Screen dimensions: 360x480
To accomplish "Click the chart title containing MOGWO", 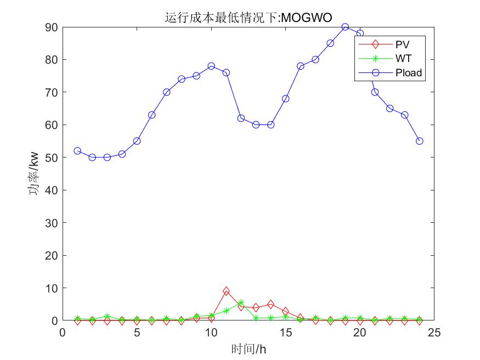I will (248, 18).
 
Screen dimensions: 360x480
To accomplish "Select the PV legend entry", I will (402, 43).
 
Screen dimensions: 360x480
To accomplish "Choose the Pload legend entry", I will (409, 72).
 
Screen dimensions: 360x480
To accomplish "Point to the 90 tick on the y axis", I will (52, 27).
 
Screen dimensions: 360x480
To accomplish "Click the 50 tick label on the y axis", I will (52, 157).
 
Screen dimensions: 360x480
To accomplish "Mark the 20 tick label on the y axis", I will (52, 255).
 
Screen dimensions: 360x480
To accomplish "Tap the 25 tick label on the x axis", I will (434, 332).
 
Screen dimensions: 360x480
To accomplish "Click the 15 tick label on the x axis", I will (285, 332).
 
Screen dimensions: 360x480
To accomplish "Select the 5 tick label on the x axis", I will (137, 332).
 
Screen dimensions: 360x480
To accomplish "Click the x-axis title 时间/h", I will (248, 348).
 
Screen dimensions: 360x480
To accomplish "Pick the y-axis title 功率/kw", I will (34, 173).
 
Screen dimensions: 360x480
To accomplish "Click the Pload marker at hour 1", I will (77, 151).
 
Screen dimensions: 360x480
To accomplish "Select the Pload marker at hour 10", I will (211, 66).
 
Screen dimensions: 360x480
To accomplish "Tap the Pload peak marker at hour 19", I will (345, 27).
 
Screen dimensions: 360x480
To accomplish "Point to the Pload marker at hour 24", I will (420, 141).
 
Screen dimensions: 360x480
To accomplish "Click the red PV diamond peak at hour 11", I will (226, 291).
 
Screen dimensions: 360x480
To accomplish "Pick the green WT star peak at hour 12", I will (241, 302).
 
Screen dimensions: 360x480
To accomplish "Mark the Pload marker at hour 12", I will (241, 118).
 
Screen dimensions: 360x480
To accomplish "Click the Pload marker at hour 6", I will (151, 115).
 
